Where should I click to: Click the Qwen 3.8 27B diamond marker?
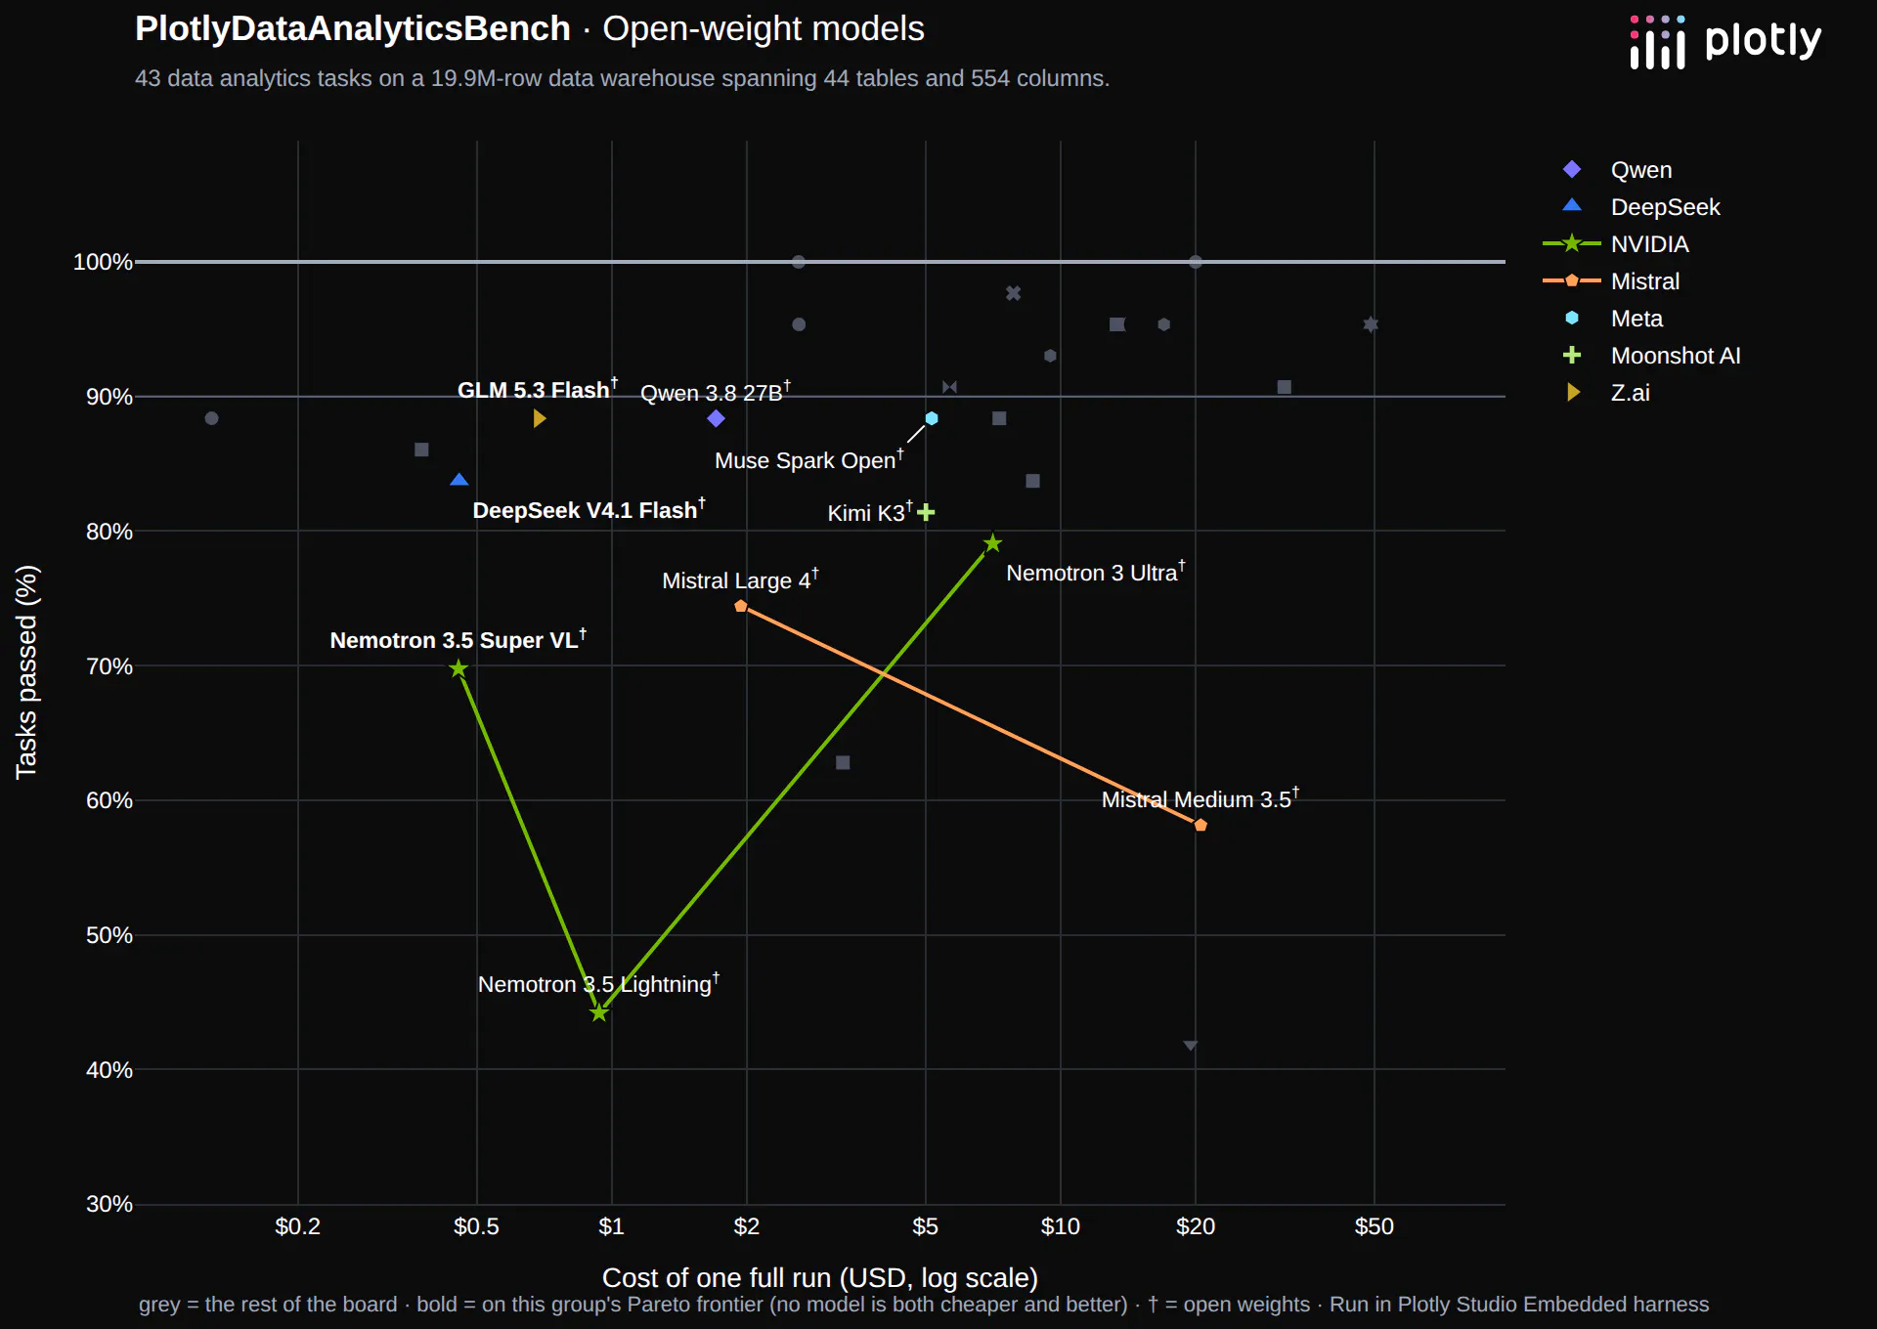(x=716, y=418)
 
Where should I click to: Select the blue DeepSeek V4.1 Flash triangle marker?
(x=459, y=479)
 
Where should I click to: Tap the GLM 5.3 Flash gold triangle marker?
(x=540, y=418)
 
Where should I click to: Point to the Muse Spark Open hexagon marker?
(x=932, y=418)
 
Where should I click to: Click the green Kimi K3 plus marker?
(x=926, y=512)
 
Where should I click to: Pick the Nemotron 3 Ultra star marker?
(x=992, y=542)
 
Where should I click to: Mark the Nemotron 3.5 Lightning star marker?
(x=599, y=1012)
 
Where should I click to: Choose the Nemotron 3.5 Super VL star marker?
(x=458, y=668)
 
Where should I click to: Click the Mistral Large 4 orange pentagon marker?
(x=741, y=606)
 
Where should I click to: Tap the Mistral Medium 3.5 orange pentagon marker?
(x=1200, y=825)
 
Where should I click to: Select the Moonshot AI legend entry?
(x=1652, y=356)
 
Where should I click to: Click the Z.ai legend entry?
(x=1607, y=393)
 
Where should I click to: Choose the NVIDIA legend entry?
(x=1616, y=244)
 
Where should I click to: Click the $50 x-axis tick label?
(x=1374, y=1226)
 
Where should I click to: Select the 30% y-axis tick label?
(x=109, y=1204)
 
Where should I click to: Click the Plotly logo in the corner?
(x=1725, y=42)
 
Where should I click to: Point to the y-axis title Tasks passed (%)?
(x=26, y=672)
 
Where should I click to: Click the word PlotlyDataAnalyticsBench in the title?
(x=352, y=29)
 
